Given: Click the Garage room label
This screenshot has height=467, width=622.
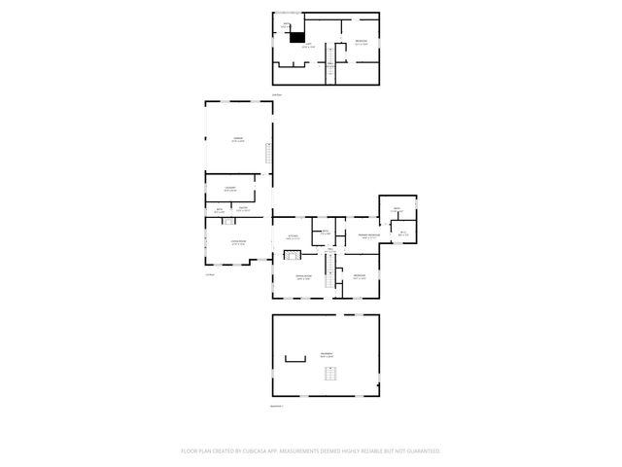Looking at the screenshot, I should (237, 140).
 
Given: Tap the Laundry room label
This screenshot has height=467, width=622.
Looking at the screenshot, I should (230, 188).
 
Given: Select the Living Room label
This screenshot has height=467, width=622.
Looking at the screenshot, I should (237, 241).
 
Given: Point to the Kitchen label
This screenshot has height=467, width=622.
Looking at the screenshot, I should (292, 236).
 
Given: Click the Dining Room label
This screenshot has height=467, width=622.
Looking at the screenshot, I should (303, 277).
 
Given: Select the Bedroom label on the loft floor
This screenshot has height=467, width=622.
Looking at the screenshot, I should (361, 41).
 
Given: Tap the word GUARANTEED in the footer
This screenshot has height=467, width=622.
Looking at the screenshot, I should (419, 451).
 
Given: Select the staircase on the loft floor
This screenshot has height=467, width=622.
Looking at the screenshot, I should (330, 63).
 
